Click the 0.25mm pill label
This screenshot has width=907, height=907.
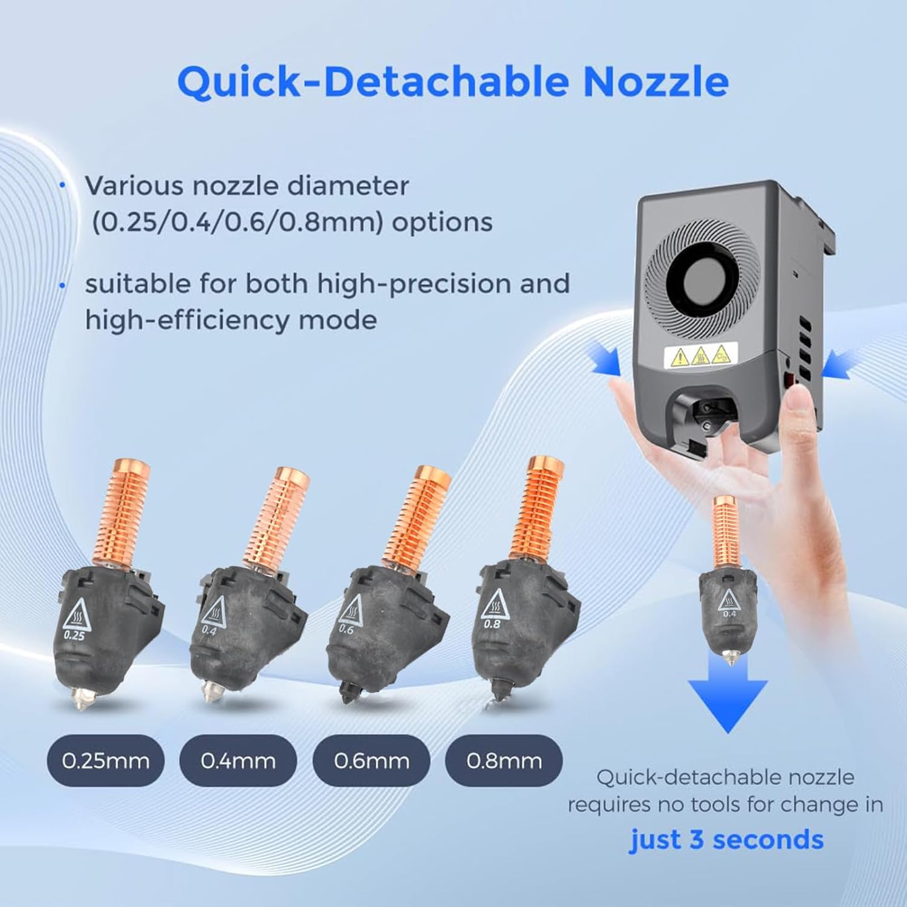(105, 761)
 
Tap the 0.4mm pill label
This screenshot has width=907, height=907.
(238, 761)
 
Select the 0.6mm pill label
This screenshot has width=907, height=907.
(371, 761)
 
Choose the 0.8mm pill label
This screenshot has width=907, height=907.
(504, 761)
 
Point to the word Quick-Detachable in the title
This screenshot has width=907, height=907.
(372, 82)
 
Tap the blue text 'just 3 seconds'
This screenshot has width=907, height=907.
(726, 840)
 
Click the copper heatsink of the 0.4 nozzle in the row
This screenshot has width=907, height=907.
(278, 520)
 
